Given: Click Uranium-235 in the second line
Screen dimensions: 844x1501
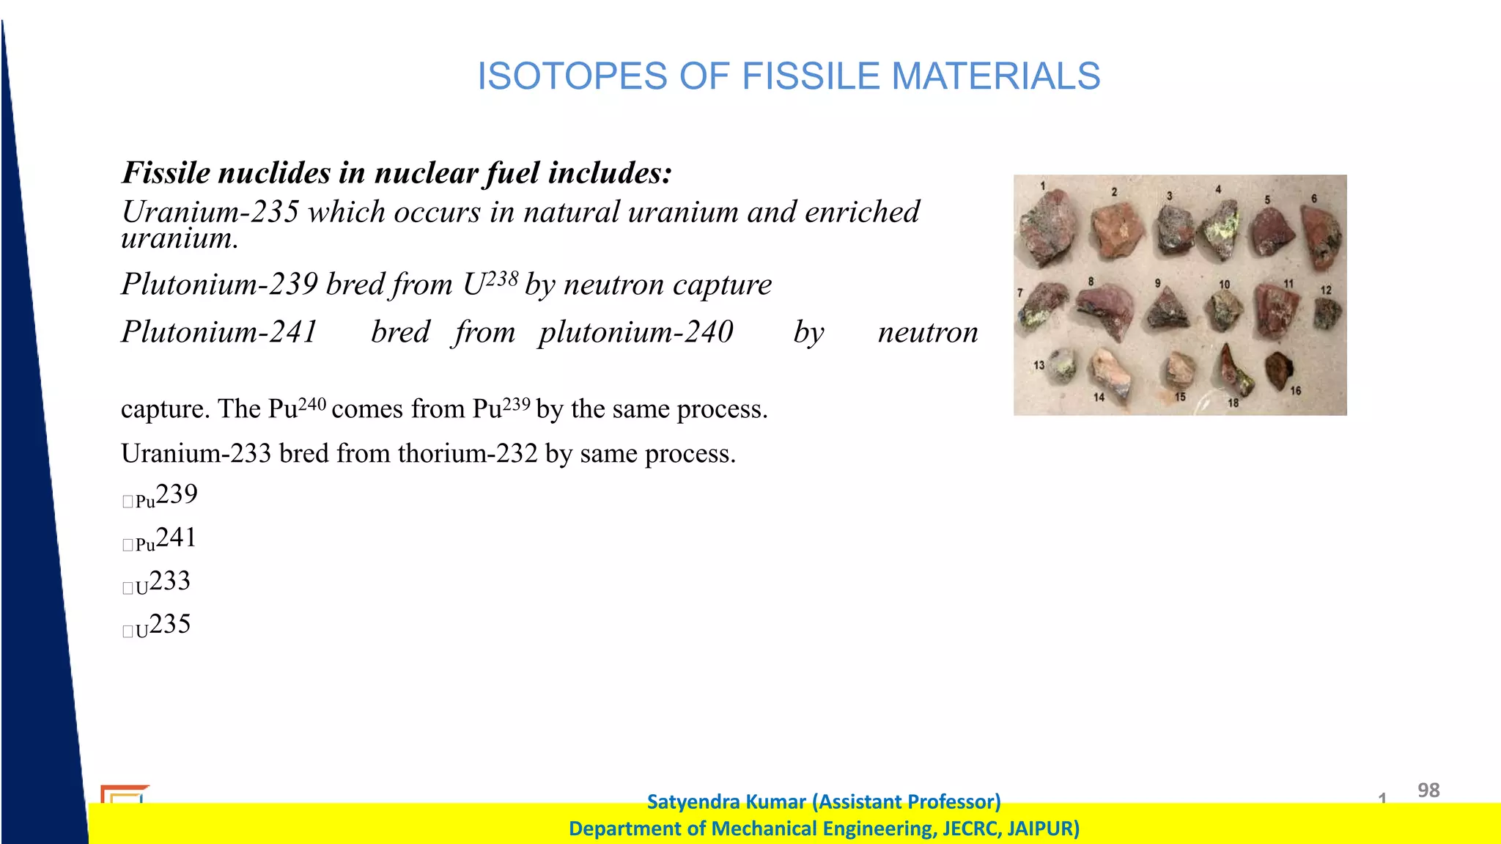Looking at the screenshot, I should tap(210, 212).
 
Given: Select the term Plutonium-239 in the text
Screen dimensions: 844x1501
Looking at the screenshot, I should tap(219, 285).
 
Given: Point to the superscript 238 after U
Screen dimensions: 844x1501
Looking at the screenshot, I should tap(502, 278).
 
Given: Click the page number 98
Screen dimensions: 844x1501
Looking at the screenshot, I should tap(1428, 790).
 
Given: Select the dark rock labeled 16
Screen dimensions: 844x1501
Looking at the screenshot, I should tap(1277, 370).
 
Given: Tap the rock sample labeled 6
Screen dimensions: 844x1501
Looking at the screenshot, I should tap(1321, 235).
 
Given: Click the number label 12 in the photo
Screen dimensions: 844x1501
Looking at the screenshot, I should tap(1326, 290).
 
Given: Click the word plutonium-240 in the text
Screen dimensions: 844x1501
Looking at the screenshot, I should tap(635, 332).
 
